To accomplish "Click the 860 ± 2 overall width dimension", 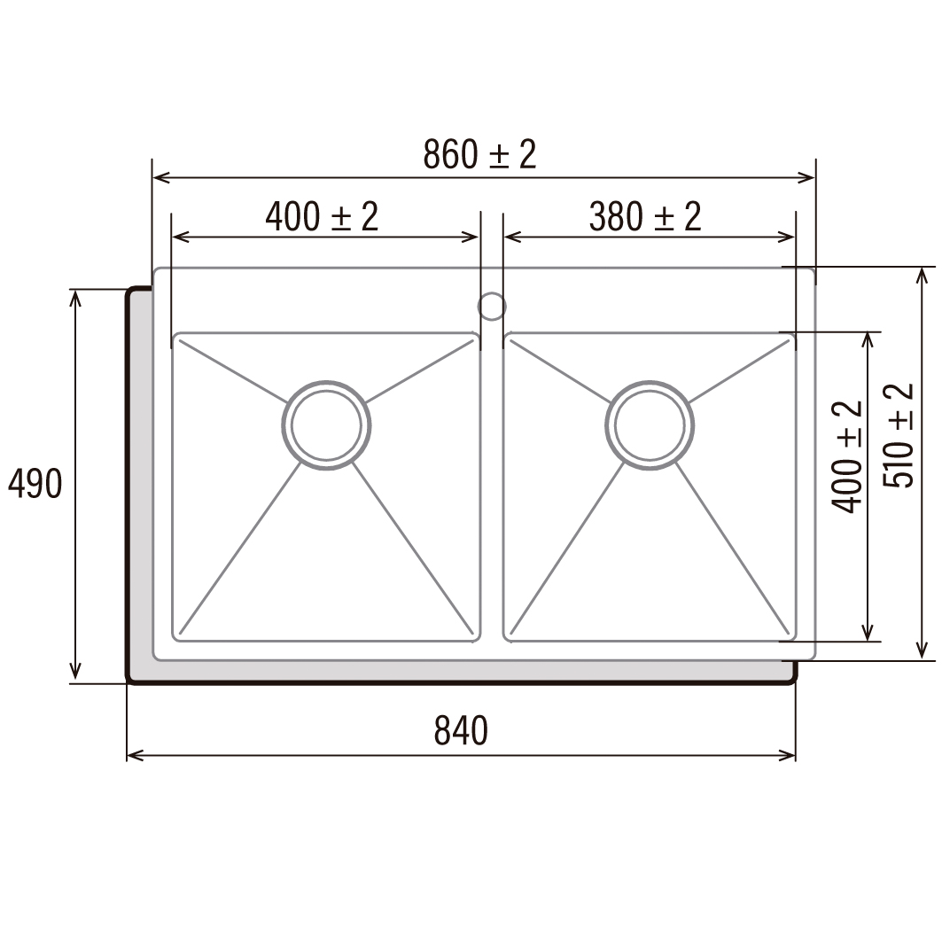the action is point(479,154).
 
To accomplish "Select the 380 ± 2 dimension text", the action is point(644,216).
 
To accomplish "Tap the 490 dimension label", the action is point(35,483).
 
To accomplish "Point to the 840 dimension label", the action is point(461,730).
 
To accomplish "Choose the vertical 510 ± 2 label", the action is point(899,436).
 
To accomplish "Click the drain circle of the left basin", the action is point(326,425).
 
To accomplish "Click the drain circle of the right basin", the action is point(650,425).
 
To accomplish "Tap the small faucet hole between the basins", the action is point(492,307).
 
